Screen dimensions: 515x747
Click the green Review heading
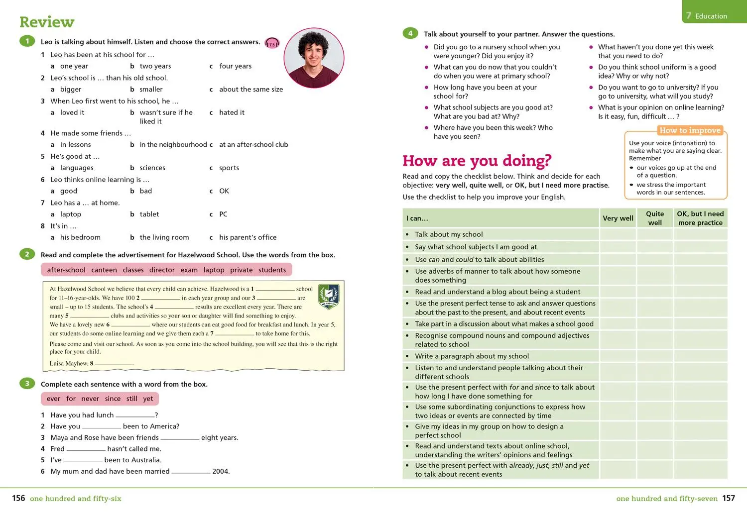(47, 22)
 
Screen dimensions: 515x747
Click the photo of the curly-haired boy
(314, 58)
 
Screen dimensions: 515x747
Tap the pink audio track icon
(272, 44)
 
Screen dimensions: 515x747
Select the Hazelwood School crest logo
(329, 297)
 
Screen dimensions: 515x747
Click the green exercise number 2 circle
(27, 254)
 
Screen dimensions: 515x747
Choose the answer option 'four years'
(235, 66)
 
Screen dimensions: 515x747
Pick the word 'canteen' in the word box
(104, 270)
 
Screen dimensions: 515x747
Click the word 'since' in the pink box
(113, 399)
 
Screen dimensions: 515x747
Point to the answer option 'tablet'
(149, 214)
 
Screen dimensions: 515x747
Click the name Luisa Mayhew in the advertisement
(68, 363)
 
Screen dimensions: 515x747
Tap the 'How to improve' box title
(690, 130)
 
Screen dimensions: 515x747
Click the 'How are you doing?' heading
(477, 161)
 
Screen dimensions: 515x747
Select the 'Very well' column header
(618, 218)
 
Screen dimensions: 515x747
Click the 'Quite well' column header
(655, 218)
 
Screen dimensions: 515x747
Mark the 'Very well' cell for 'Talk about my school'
(618, 234)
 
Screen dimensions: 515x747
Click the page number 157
(729, 498)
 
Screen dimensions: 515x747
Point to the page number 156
(18, 498)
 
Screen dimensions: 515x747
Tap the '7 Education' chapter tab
(707, 16)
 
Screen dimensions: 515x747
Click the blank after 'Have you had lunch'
(134, 415)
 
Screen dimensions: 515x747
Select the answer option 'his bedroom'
(80, 237)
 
